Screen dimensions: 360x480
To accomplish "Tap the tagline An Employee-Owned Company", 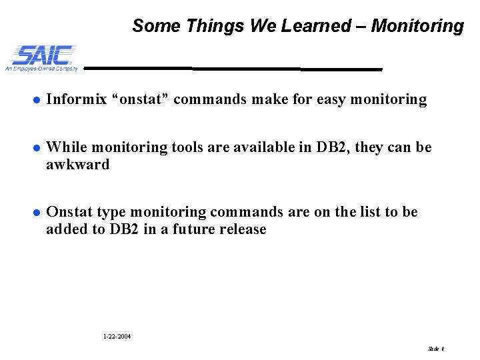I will tap(41, 68).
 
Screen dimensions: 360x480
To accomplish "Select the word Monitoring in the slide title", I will tap(417, 26).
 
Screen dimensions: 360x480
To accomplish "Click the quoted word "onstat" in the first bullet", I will tap(146, 100).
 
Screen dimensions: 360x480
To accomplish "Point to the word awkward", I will tap(77, 164).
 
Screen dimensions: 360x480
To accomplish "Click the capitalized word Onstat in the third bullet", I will tap(69, 213).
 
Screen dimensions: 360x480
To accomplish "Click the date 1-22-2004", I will tap(117, 337).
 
